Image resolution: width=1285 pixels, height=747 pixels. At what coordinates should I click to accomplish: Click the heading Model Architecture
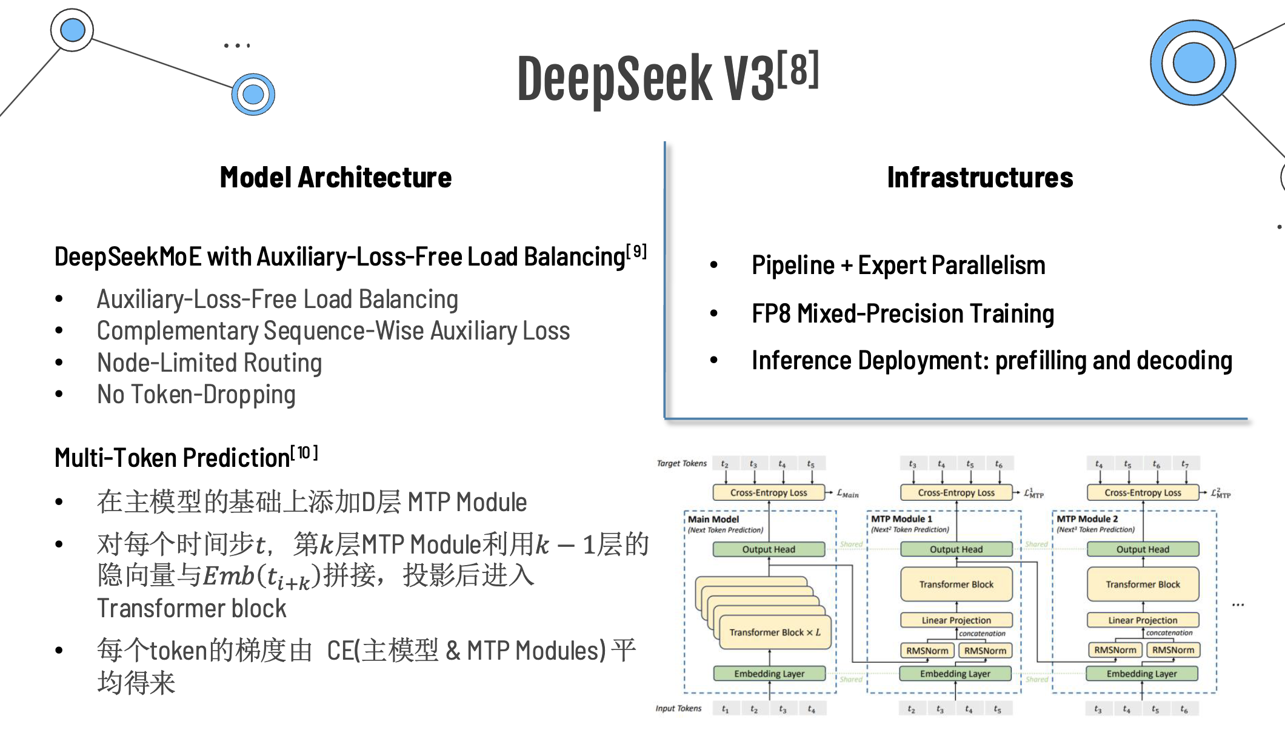335,178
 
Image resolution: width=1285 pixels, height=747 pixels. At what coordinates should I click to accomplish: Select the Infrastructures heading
980,178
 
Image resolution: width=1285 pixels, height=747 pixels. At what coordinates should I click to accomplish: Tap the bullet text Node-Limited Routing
209,363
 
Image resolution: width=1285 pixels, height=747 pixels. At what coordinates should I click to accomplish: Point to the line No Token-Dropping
196,395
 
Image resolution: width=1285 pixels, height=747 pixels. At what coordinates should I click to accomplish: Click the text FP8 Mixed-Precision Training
903,313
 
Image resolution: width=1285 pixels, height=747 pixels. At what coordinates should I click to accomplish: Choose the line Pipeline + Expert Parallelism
898,266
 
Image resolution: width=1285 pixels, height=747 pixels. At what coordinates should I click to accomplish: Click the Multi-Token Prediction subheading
172,458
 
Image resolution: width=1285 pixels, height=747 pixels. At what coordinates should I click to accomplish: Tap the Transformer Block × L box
774,632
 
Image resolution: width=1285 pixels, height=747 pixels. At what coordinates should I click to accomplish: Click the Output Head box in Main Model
769,549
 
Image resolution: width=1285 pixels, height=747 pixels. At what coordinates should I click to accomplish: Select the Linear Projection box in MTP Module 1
956,620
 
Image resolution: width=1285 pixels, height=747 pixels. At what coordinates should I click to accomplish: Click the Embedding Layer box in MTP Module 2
1141,674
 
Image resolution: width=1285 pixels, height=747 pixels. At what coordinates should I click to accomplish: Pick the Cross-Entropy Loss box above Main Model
769,492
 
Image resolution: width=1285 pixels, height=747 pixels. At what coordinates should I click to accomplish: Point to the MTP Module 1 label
901,519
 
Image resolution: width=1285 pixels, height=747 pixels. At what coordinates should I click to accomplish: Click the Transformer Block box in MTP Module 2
1143,585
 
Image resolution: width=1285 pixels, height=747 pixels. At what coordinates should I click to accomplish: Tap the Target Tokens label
681,463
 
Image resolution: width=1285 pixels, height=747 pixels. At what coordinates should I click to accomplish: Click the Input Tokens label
678,708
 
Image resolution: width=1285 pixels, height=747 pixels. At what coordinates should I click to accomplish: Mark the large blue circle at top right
1193,62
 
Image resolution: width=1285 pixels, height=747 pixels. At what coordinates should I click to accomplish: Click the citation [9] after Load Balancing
636,251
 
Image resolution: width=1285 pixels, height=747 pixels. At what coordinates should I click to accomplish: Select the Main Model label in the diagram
713,519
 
